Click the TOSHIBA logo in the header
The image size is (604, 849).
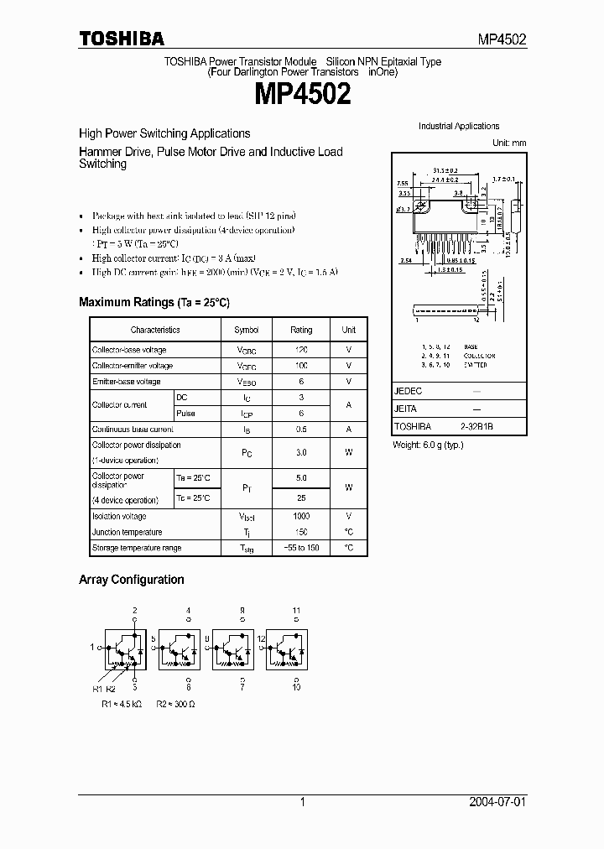pos(122,39)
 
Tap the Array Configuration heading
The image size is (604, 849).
pos(131,580)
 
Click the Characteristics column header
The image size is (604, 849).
pos(155,331)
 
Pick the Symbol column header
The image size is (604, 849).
pos(247,331)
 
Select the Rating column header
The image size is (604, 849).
pos(301,331)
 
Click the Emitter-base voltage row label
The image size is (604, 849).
pos(126,382)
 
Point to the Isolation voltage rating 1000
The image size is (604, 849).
pos(301,517)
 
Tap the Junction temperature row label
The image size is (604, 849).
pos(128,532)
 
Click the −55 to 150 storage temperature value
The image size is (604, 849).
pos(301,548)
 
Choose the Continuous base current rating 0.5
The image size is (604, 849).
pos(301,430)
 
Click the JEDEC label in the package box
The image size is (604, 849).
pos(409,391)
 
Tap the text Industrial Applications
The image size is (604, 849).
pos(459,127)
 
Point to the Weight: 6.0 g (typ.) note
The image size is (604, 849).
pos(428,445)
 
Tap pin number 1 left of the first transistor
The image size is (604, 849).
pos(93,648)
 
